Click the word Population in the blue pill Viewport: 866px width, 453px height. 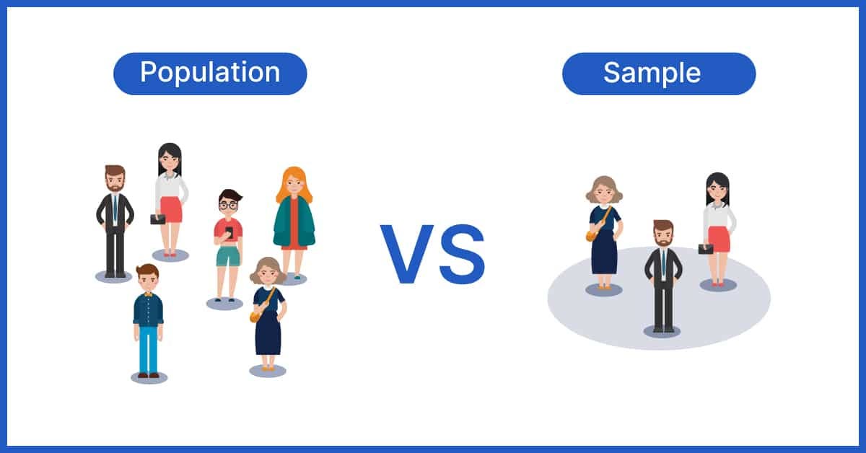[x=209, y=73]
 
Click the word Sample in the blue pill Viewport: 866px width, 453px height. [x=652, y=73]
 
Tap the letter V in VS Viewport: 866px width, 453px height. [x=406, y=253]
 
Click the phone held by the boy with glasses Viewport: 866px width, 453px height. [x=229, y=232]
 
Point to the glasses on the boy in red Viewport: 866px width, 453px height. [x=228, y=206]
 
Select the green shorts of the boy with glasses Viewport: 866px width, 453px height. [x=227, y=254]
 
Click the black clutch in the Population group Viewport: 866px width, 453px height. [x=157, y=219]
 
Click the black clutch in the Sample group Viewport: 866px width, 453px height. [x=705, y=249]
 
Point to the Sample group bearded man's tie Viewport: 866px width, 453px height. [x=663, y=261]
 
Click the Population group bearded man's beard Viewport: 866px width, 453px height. [x=115, y=186]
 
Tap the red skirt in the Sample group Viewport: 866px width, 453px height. [x=719, y=239]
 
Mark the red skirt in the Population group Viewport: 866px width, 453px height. [x=171, y=209]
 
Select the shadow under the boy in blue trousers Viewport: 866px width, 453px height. [x=149, y=377]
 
